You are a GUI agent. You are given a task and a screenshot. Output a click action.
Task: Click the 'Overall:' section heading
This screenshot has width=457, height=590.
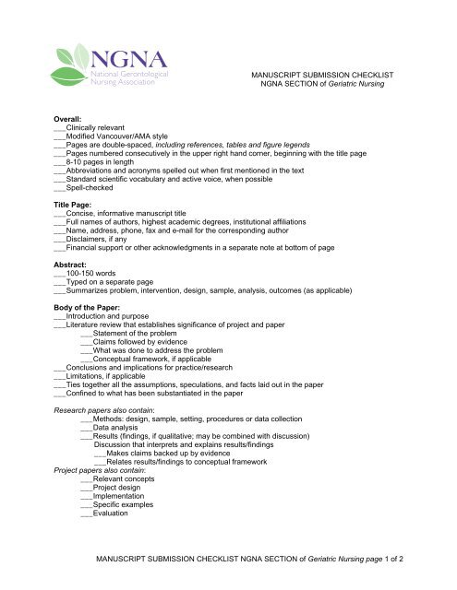click(x=72, y=119)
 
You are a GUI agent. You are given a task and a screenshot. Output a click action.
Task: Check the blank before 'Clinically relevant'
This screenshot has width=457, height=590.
click(x=60, y=130)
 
